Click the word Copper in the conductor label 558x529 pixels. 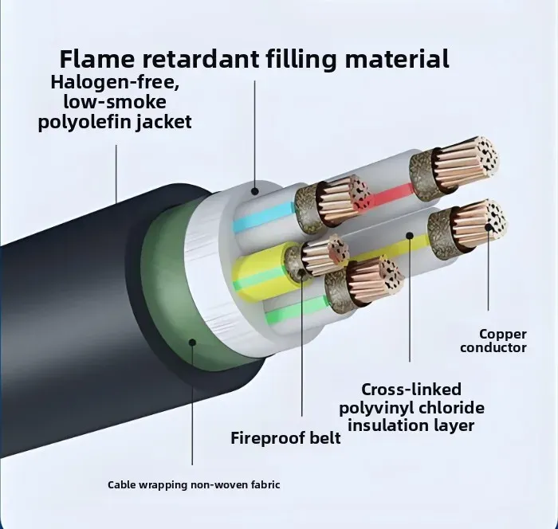[x=503, y=334]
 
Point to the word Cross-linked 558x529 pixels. [x=411, y=390]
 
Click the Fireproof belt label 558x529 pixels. [x=285, y=437]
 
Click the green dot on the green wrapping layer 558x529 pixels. [x=192, y=342]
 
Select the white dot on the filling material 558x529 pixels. [x=254, y=190]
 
